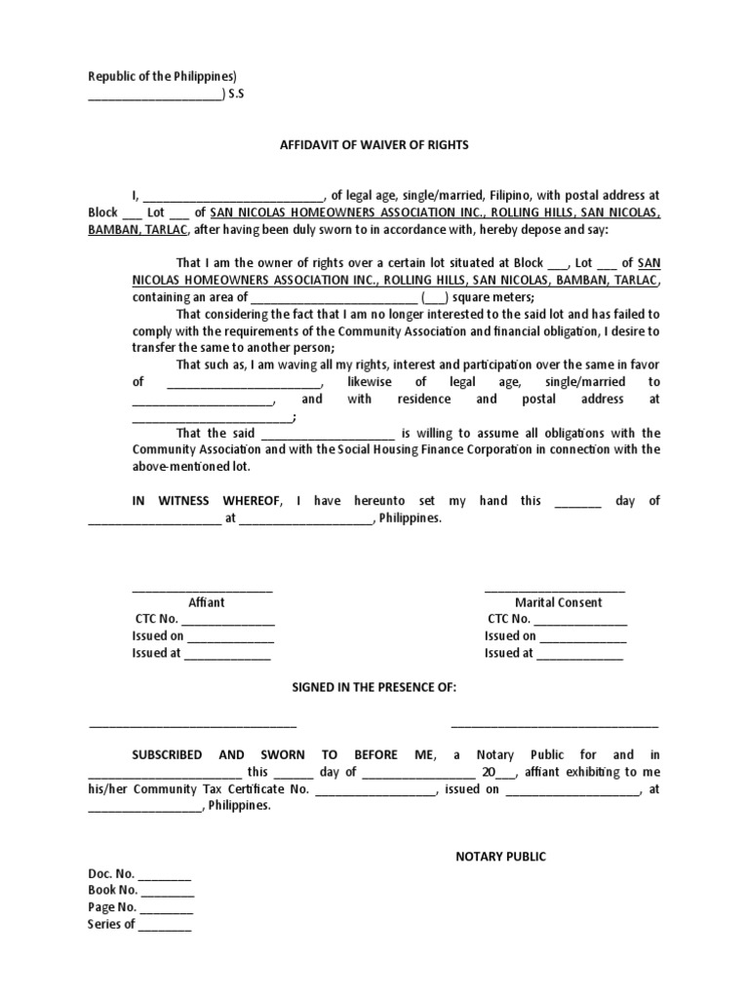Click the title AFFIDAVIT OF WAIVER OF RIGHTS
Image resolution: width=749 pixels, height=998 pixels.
[374, 144]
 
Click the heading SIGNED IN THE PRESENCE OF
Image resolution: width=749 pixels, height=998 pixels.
[374, 687]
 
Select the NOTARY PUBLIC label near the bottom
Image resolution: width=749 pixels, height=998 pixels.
[501, 857]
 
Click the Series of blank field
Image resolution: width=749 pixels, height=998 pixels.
[165, 925]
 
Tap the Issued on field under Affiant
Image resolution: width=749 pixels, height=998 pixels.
[230, 637]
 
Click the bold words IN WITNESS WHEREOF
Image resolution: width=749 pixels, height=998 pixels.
[207, 501]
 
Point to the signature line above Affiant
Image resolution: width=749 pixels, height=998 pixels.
[202, 589]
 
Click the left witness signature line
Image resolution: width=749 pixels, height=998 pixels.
[192, 724]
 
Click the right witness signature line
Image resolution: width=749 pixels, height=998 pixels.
[554, 724]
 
